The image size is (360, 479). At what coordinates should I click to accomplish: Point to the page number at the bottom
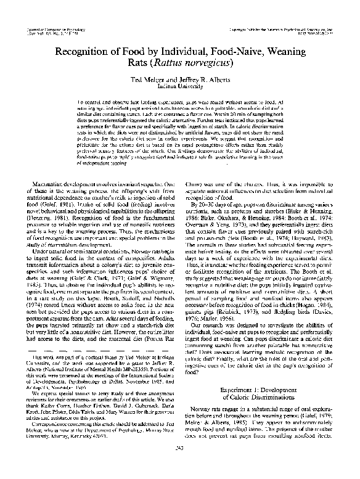point(180,464)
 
